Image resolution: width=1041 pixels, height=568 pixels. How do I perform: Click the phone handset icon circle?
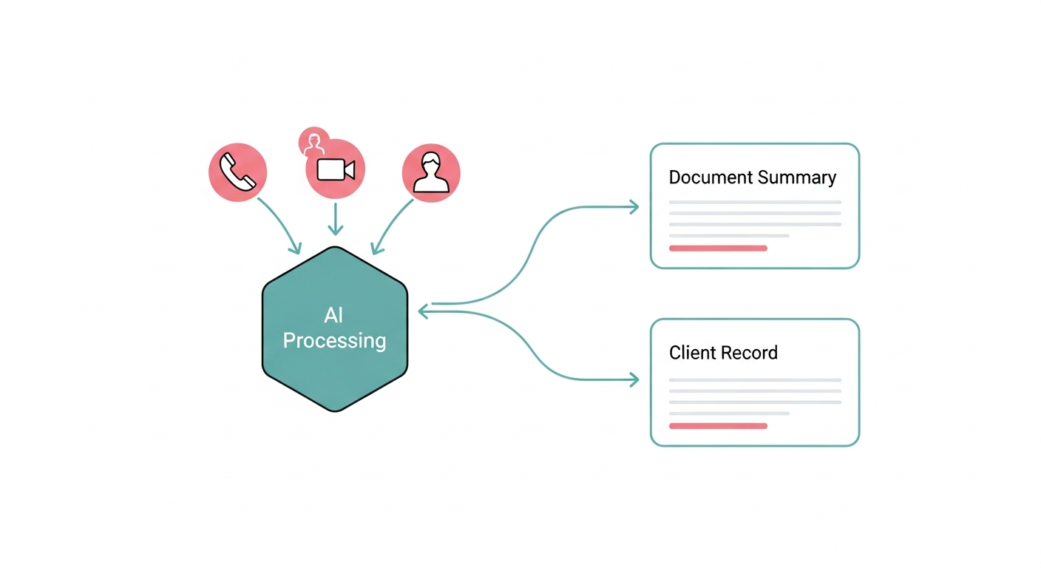[x=237, y=172]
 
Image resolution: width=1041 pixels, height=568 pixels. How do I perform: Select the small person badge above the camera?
[x=313, y=141]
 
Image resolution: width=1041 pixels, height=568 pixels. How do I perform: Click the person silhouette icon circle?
[x=431, y=172]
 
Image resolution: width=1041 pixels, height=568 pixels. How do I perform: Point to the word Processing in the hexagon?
[x=334, y=341]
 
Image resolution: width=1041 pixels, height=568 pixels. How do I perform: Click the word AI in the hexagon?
[x=333, y=316]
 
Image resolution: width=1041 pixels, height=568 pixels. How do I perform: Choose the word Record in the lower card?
[x=750, y=353]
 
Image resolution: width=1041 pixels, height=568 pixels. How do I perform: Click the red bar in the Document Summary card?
[x=718, y=248]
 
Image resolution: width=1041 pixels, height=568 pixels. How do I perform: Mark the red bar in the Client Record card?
[x=718, y=426]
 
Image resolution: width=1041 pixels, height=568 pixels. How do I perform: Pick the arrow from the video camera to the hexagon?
[x=336, y=219]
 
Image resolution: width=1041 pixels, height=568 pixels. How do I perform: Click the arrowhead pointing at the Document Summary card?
[x=633, y=208]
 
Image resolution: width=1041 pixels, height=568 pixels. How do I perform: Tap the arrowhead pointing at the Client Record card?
[x=633, y=380]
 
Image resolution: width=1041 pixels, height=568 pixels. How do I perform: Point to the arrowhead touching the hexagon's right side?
[x=424, y=312]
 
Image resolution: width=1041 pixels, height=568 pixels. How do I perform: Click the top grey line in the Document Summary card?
[x=755, y=202]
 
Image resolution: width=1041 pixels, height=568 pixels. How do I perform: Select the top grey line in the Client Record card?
[x=755, y=380]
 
